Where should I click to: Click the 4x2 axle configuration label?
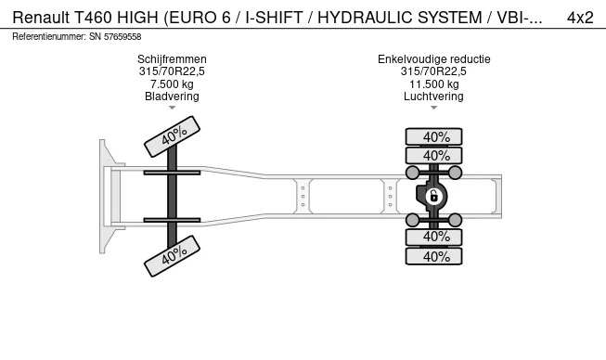coord(580,18)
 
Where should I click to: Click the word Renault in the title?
coord(41,18)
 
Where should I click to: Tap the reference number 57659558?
coord(122,37)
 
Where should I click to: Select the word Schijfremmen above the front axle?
coord(172,59)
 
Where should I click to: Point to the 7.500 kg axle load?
coord(172,84)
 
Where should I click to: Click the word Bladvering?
coord(172,96)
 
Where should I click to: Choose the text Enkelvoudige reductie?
coord(434,59)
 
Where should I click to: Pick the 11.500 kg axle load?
coord(434,84)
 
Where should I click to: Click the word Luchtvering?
coord(433,96)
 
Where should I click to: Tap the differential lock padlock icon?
coord(433,197)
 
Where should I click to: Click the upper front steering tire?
coord(172,136)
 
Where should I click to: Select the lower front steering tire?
coord(172,256)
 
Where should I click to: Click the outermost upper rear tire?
coord(433,136)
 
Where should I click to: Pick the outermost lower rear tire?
coord(433,256)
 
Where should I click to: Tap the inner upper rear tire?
coord(433,155)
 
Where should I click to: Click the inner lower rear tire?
coord(433,237)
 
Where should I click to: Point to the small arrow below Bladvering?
coord(172,108)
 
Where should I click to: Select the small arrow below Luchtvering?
coord(433,108)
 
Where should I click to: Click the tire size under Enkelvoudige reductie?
coord(433,71)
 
